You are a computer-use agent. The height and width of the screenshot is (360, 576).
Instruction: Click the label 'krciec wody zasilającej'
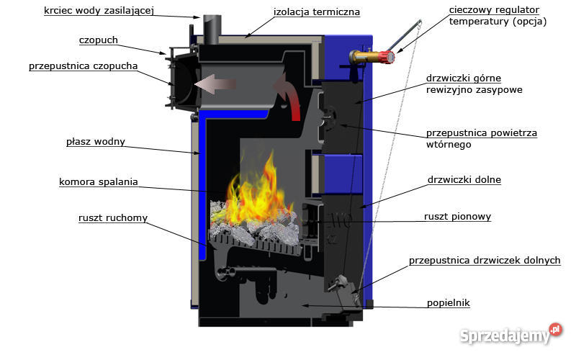[99, 11]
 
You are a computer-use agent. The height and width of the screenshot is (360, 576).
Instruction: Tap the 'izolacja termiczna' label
[317, 12]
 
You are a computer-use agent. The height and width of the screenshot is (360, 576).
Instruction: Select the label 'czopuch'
[99, 40]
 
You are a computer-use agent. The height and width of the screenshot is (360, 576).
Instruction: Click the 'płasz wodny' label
[95, 141]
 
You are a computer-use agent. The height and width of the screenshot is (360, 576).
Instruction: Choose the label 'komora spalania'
[99, 181]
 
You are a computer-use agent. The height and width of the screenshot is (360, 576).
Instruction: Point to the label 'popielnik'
[447, 303]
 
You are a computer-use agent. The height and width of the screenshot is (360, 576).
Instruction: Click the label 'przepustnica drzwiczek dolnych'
[485, 260]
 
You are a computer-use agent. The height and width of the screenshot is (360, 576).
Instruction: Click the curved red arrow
[289, 99]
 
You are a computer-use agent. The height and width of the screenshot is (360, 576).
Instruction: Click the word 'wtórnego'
[449, 145]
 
